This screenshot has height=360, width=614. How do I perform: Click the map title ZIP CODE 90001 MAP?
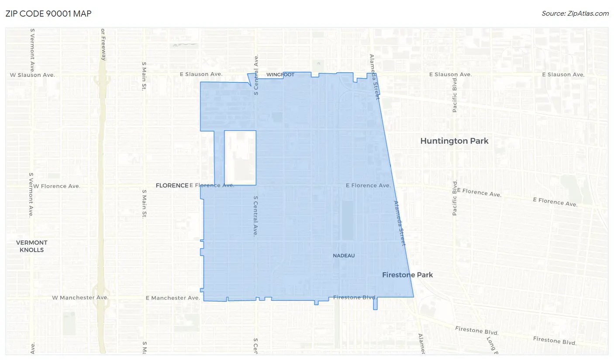tap(48, 14)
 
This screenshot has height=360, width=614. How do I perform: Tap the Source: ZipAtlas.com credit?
tap(575, 14)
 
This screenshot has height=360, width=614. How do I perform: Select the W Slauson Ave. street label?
tap(32, 75)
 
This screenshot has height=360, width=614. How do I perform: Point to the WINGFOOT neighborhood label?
tap(280, 75)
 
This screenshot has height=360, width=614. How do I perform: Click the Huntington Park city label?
tap(454, 141)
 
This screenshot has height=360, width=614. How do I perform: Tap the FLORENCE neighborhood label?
tap(172, 185)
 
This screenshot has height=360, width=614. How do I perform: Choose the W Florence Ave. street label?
tap(57, 186)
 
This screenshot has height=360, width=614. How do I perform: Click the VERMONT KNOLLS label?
tap(32, 246)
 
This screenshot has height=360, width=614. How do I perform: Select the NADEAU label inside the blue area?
tap(344, 256)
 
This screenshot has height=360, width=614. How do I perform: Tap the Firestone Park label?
tap(407, 275)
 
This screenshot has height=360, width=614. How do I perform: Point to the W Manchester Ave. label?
tap(80, 298)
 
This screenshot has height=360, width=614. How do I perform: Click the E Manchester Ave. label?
tap(172, 298)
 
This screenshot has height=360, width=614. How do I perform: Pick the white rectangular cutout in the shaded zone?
tap(240, 157)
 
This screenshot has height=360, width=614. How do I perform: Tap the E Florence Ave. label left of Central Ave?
tap(212, 185)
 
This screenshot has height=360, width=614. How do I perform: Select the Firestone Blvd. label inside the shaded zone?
tap(354, 297)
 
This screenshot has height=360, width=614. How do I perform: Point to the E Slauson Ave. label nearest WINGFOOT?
tap(201, 74)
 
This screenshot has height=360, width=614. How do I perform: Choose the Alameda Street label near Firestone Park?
tap(400, 223)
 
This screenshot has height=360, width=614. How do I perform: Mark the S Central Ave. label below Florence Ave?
tap(256, 216)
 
